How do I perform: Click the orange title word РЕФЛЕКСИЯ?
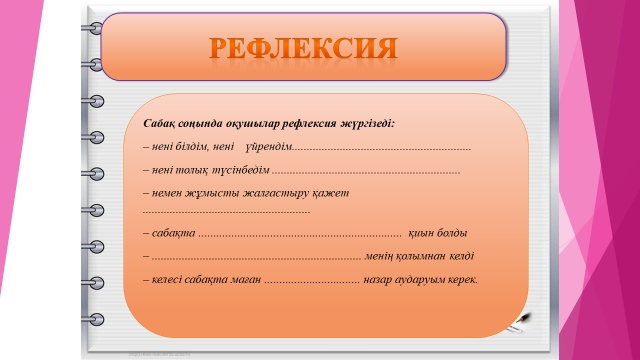(303, 48)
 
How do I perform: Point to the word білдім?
(192, 147)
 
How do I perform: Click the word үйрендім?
(269, 147)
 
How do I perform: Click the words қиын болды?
(438, 233)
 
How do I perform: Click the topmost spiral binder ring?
(93, 28)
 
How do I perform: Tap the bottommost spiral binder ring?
(93, 319)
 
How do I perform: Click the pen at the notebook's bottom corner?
(519, 322)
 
